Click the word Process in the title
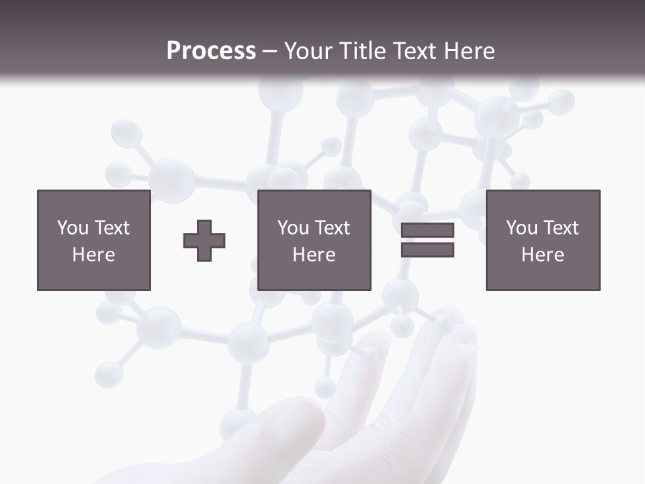(x=211, y=51)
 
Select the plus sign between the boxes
(x=204, y=241)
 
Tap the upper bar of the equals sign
(x=427, y=231)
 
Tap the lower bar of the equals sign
(x=427, y=250)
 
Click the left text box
(x=94, y=240)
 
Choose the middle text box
(x=314, y=240)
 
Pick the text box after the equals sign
(x=543, y=240)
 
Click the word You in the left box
(x=73, y=228)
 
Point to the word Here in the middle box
(x=314, y=255)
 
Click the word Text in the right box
(x=561, y=228)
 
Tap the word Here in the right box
(x=543, y=255)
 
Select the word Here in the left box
(x=94, y=255)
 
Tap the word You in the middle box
(x=293, y=228)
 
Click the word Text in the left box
(x=112, y=228)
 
